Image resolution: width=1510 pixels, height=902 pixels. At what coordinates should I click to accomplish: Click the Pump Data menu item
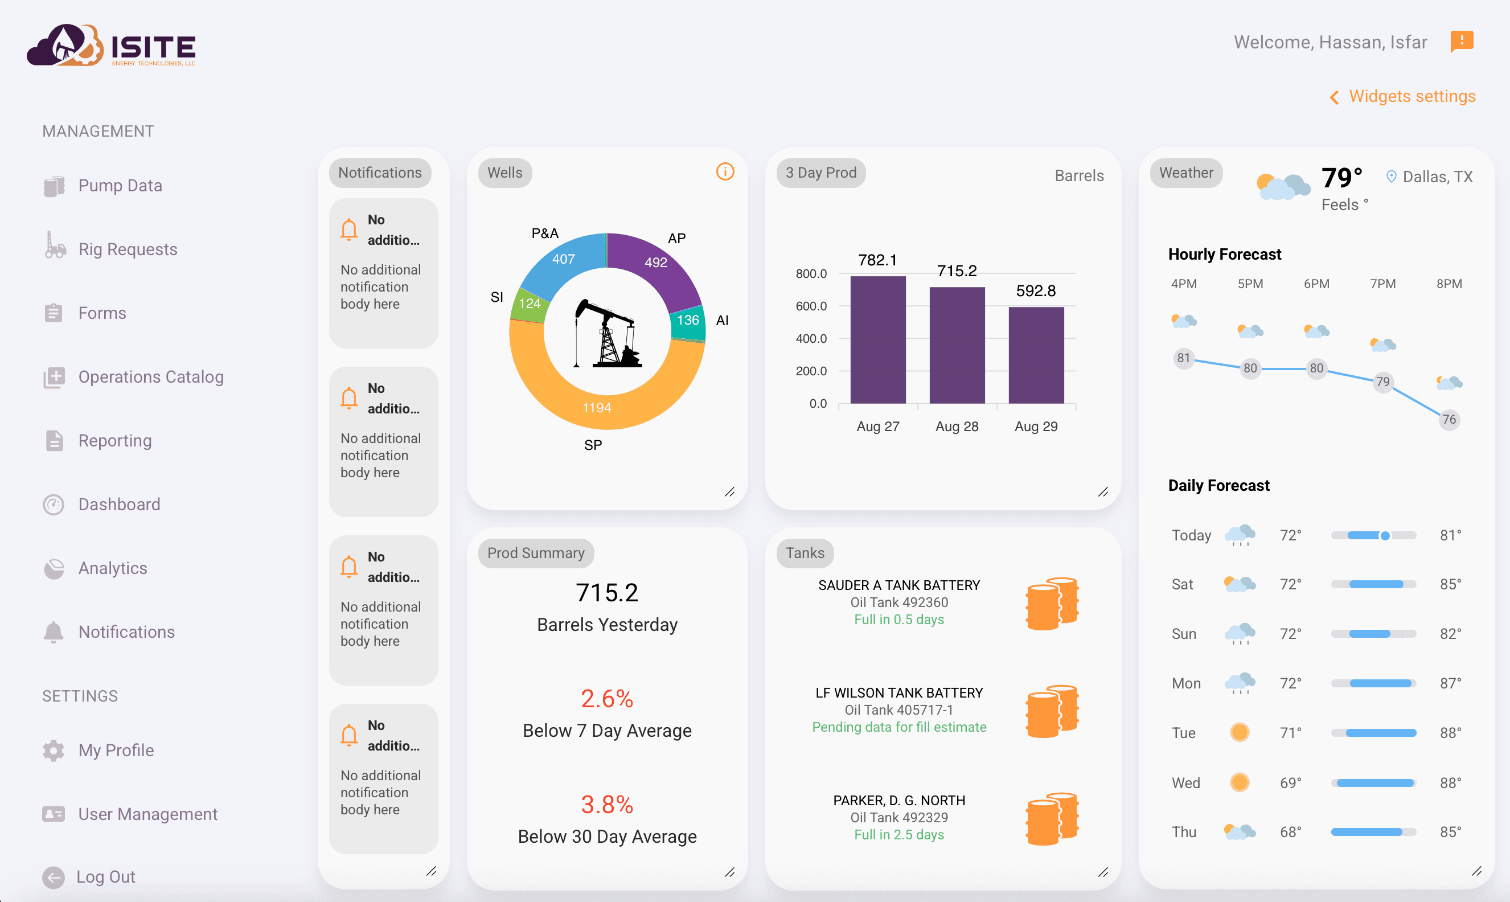tap(119, 186)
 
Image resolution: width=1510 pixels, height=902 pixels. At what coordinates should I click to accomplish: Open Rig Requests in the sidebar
tap(127, 250)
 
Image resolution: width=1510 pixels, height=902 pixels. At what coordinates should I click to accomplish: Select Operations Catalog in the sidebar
tap(150, 378)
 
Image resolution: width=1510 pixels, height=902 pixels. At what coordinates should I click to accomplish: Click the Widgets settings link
tap(1411, 97)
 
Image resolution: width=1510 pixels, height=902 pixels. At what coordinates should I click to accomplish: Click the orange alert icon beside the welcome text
tap(1462, 42)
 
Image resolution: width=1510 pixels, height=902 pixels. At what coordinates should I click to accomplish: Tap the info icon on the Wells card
tap(725, 172)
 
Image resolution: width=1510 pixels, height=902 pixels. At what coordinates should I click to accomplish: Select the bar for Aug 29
tap(1036, 355)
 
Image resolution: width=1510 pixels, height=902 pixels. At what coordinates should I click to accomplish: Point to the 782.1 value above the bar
tap(877, 260)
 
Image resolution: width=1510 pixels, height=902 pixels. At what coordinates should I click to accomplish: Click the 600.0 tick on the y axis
tap(811, 306)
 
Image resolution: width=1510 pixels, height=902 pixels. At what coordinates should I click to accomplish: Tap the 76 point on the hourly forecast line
tap(1449, 419)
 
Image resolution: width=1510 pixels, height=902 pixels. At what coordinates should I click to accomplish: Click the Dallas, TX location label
tap(1437, 177)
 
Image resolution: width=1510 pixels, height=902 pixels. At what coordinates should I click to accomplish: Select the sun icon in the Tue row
tap(1240, 732)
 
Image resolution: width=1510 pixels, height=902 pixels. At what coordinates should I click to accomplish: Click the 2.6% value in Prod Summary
tap(606, 699)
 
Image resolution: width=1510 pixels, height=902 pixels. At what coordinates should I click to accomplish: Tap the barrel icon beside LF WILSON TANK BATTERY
tap(1052, 711)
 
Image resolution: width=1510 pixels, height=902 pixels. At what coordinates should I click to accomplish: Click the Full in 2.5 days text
tap(898, 835)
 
